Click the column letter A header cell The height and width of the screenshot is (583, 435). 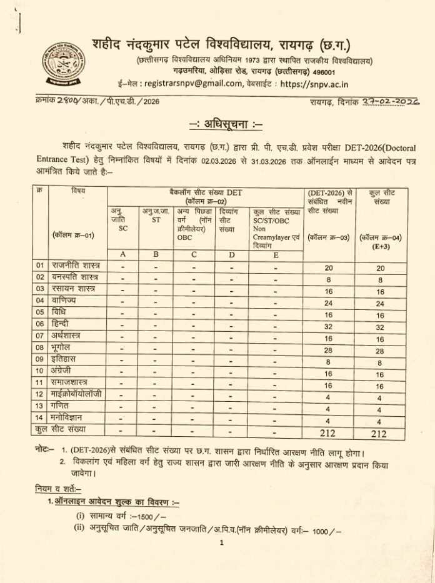122,254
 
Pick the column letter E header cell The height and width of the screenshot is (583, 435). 275,254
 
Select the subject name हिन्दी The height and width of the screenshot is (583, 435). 62,324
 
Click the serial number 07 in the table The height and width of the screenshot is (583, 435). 39,336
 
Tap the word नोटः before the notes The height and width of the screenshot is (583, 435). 44,450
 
